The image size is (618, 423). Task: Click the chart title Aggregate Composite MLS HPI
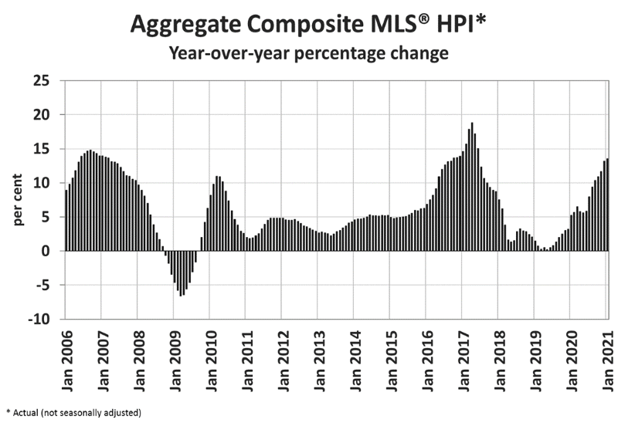click(x=309, y=25)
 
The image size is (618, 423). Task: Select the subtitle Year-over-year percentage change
click(x=309, y=54)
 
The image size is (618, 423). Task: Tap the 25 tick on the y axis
click(x=40, y=80)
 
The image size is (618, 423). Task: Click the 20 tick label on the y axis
click(x=40, y=114)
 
